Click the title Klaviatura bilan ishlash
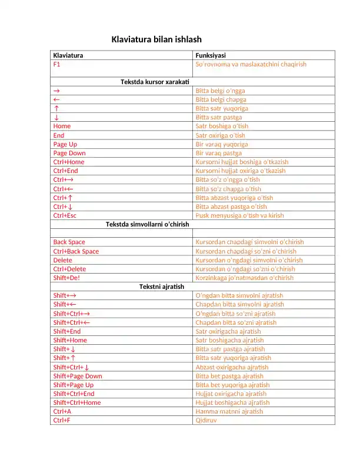tap(156, 39)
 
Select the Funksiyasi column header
tap(210, 55)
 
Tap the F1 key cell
tap(56, 64)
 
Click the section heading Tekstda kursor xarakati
tap(155, 82)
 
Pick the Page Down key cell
tap(69, 153)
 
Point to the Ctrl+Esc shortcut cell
tap(65, 215)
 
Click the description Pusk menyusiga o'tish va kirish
tap(239, 215)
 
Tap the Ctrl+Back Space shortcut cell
tap(76, 251)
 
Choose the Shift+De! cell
tap(66, 278)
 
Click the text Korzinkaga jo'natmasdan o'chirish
tap(244, 278)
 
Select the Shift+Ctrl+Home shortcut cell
tap(77, 402)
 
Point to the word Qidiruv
tap(205, 420)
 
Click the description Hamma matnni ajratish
tap(229, 411)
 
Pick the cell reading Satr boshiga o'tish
tap(222, 126)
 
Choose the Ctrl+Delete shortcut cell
tap(69, 269)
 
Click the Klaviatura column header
tap(68, 55)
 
